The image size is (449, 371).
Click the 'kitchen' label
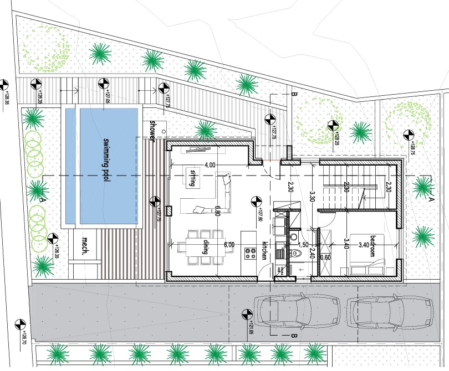264,251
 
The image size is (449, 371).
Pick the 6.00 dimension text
229,244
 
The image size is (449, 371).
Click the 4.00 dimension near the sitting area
210,165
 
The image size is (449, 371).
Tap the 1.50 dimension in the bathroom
303,244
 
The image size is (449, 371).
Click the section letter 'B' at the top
294,95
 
